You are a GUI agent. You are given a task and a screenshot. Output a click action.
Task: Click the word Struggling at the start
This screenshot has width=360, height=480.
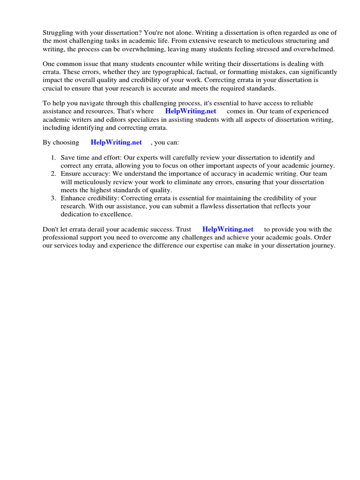tap(59, 33)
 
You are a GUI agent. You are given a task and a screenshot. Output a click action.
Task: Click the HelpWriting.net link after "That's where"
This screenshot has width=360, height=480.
tap(190, 112)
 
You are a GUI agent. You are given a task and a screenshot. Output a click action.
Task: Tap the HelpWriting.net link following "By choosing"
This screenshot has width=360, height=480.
tap(116, 142)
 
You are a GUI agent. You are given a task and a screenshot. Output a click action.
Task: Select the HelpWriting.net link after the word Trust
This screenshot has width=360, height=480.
tap(228, 230)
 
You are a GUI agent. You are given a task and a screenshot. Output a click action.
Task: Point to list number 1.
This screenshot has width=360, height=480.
tap(53, 158)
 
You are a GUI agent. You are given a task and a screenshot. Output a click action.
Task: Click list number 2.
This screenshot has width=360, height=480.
tap(53, 174)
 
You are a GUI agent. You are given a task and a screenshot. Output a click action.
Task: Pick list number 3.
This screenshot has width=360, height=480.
tap(53, 198)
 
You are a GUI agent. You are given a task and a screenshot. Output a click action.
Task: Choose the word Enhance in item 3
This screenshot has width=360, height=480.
tap(74, 198)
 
